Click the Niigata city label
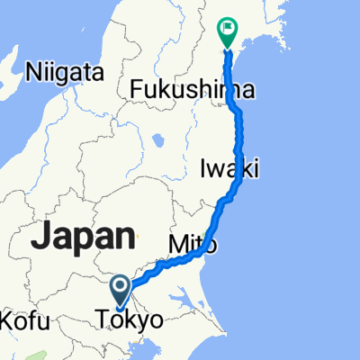click(x=66, y=69)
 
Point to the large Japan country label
click(x=84, y=236)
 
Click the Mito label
click(x=189, y=243)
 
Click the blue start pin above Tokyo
click(x=121, y=288)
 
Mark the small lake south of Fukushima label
click(x=160, y=140)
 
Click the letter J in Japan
click(x=41, y=236)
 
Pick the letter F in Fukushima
click(x=138, y=89)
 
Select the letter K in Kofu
click(x=10, y=319)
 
